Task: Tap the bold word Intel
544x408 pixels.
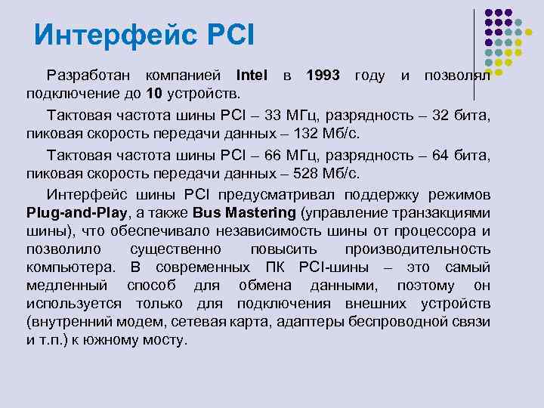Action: coord(252,76)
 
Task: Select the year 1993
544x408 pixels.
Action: coord(323,76)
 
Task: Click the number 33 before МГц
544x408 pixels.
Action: coord(275,115)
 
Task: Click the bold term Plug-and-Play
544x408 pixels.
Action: coord(69,212)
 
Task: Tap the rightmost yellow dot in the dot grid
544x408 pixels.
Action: coord(529,32)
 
